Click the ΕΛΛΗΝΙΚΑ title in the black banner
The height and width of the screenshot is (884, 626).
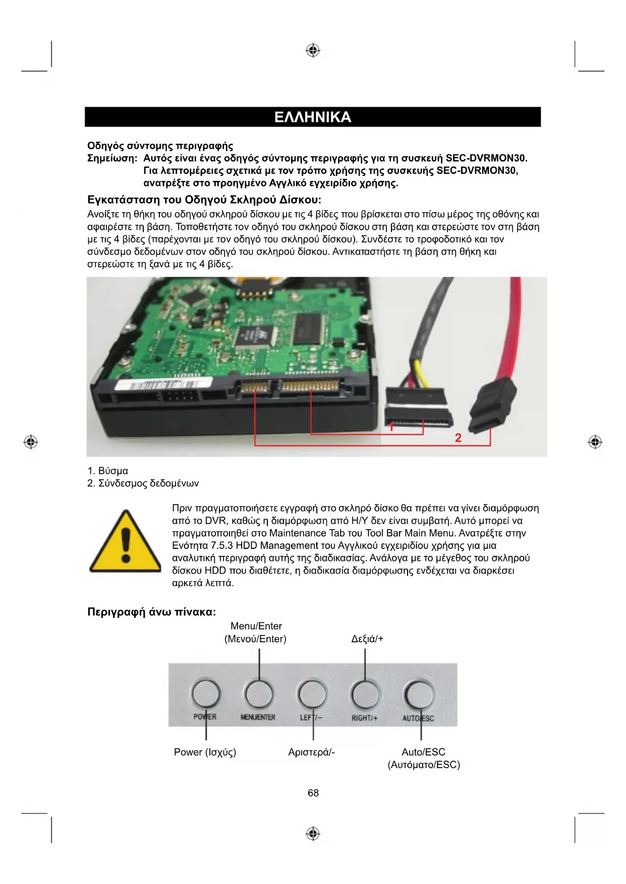(313, 117)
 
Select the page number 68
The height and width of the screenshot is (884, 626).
(313, 793)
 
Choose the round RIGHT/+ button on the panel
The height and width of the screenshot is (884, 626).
(365, 694)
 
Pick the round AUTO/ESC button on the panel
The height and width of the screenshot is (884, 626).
(419, 694)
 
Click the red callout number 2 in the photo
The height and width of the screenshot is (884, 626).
(458, 438)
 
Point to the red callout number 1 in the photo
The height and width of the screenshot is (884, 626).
(391, 427)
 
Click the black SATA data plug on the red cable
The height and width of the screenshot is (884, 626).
(492, 407)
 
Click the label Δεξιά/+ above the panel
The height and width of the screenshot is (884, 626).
(367, 639)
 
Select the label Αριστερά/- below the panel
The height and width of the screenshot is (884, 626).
(311, 752)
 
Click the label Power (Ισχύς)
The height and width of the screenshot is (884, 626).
(205, 752)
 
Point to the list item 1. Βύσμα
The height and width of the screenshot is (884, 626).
(108, 471)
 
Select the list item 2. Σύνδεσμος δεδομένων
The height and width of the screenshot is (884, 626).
(143, 483)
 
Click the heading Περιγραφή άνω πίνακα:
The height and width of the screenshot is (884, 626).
(151, 612)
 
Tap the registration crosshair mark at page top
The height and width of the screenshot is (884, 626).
(313, 50)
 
